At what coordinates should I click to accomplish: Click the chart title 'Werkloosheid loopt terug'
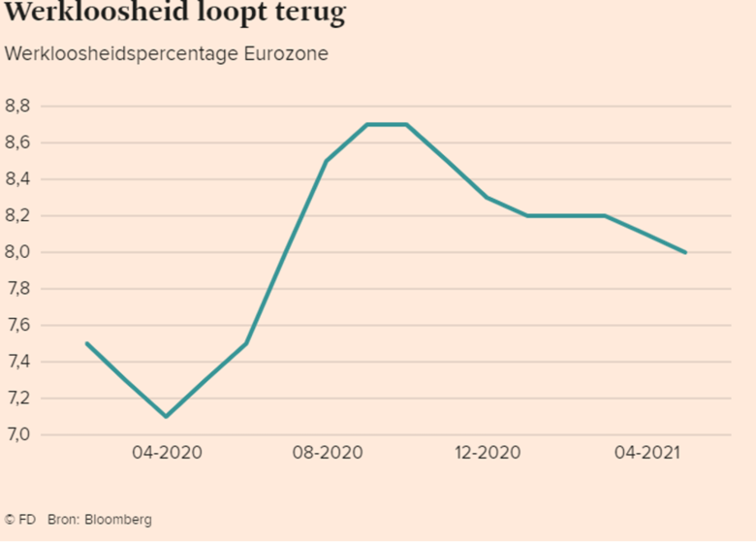click(x=175, y=14)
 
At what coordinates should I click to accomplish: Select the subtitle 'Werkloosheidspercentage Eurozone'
click(x=166, y=53)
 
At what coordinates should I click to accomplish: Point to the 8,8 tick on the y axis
click(x=17, y=106)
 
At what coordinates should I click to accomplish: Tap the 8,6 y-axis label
click(x=17, y=143)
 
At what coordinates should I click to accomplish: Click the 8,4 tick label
click(x=17, y=179)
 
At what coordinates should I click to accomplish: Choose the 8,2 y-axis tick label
click(x=17, y=216)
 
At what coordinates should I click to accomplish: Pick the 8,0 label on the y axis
click(x=17, y=252)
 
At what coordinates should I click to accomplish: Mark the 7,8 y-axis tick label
click(x=17, y=289)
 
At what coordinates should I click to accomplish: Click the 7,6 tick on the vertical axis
click(x=17, y=326)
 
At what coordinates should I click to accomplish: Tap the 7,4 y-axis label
click(x=17, y=362)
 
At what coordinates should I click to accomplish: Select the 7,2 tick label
click(x=17, y=399)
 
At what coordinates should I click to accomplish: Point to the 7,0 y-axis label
click(x=17, y=435)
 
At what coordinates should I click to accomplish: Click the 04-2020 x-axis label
click(x=167, y=453)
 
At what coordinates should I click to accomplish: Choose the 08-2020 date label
click(x=327, y=453)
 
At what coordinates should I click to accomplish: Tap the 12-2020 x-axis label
click(x=487, y=453)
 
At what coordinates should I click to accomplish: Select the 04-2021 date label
click(x=646, y=453)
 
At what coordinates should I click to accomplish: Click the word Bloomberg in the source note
click(x=117, y=520)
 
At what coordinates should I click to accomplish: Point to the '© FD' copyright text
click(x=20, y=520)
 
